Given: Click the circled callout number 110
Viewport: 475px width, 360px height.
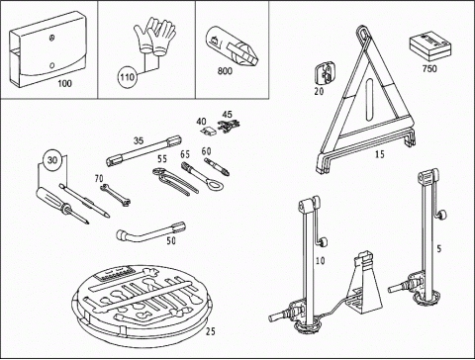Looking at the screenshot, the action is (x=127, y=77).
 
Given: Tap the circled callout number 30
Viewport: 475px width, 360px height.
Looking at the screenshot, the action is (x=52, y=160).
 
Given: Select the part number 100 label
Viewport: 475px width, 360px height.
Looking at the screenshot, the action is (x=64, y=83).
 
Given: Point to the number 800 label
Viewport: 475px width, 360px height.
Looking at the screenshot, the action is (x=225, y=71).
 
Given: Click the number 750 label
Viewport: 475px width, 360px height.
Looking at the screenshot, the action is (x=429, y=68).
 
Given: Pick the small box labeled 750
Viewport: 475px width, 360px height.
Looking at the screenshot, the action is (x=429, y=46).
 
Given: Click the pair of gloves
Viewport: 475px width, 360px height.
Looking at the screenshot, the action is (x=154, y=36).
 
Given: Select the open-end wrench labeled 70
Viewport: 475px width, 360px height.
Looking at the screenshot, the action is (x=116, y=196).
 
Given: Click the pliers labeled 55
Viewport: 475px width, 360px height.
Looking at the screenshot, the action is (x=175, y=181).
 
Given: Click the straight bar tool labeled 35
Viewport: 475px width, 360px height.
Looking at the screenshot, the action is (x=144, y=150).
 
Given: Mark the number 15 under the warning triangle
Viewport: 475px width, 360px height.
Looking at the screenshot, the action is (x=380, y=154).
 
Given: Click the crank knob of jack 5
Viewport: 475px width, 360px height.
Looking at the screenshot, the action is (x=442, y=216).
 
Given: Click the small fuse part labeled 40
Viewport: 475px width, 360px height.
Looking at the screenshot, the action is (x=210, y=131).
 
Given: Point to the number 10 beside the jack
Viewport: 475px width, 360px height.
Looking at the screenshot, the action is (x=320, y=260).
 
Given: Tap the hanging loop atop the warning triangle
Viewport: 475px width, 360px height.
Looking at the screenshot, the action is (x=363, y=35).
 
